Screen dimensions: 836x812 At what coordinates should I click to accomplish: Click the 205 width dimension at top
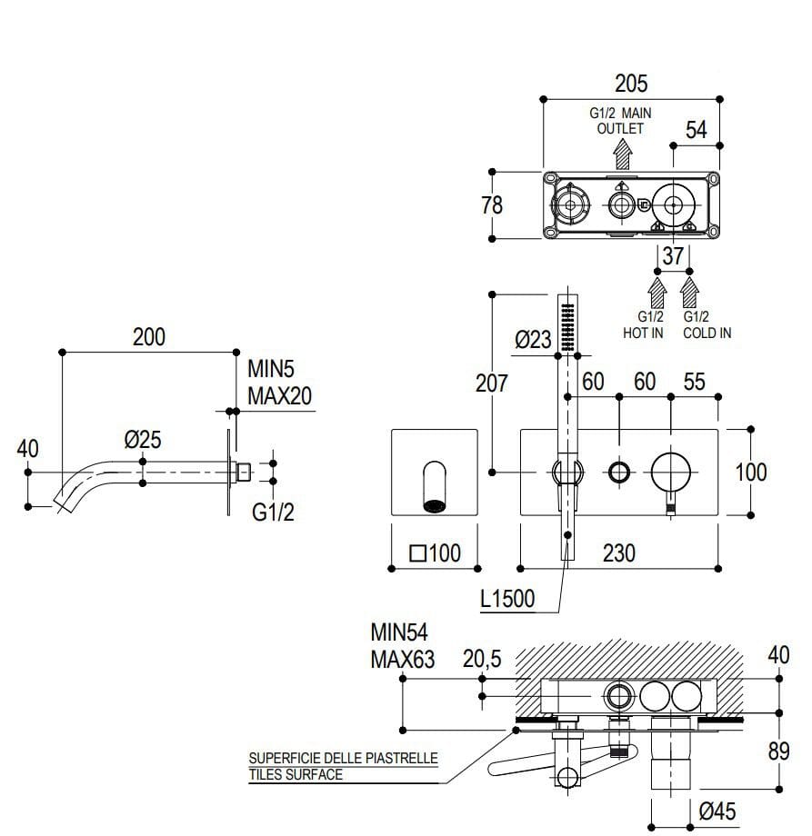click(631, 84)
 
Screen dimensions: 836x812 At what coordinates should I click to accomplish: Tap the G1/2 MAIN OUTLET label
click(620, 121)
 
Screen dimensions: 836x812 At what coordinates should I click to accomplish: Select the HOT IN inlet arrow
click(657, 292)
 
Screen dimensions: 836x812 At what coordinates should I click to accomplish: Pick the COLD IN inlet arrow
click(690, 292)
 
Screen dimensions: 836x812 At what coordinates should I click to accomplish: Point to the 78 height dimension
click(491, 205)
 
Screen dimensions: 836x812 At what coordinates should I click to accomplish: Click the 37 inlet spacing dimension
click(673, 257)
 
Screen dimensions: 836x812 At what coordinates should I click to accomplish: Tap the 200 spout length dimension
click(149, 336)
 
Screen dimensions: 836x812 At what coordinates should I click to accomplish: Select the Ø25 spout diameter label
click(143, 441)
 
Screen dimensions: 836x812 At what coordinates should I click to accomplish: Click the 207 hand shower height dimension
click(491, 383)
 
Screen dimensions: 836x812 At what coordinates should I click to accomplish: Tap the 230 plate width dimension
click(619, 552)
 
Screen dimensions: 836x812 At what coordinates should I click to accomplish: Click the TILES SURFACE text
click(296, 775)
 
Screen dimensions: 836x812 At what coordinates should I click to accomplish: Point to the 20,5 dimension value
click(482, 661)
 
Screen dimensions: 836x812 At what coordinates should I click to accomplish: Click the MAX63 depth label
click(402, 660)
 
